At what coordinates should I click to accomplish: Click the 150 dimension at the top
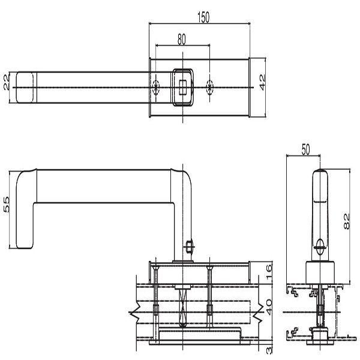(x=203, y=17)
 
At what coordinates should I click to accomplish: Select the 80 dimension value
(x=181, y=39)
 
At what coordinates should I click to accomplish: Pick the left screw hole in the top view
(x=156, y=88)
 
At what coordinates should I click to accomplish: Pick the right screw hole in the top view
(x=209, y=88)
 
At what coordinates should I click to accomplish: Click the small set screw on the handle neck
(x=190, y=247)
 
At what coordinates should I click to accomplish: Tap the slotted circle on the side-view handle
(x=320, y=245)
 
